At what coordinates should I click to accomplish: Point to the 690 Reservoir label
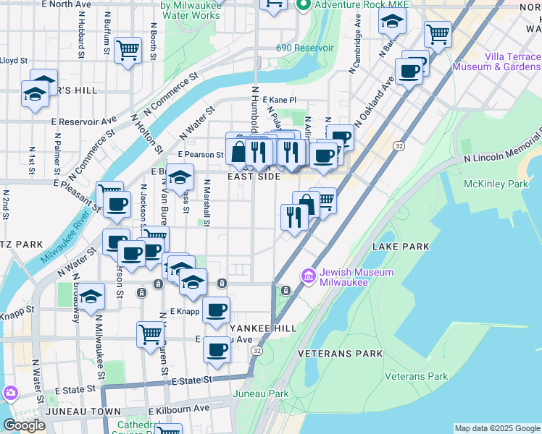[x=304, y=48]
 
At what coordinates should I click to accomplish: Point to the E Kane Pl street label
[x=279, y=100]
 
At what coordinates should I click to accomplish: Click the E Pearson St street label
[x=200, y=155]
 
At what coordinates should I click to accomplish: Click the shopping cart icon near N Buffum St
[x=128, y=50]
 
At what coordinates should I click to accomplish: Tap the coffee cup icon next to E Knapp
[x=216, y=311]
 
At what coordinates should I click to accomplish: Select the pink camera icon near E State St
[x=10, y=393]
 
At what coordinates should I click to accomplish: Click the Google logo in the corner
[x=23, y=425]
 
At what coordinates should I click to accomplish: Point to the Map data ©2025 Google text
[x=496, y=428]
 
